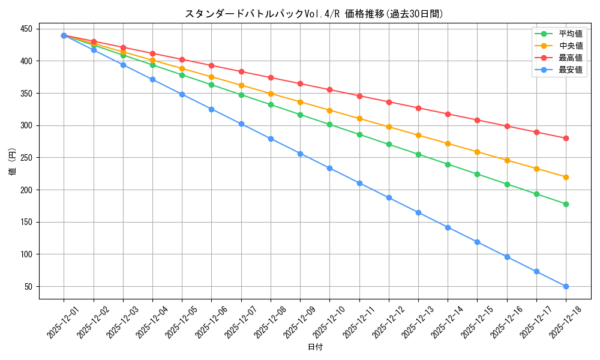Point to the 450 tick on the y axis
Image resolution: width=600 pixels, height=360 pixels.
28,29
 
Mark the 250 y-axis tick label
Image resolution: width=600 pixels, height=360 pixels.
28,158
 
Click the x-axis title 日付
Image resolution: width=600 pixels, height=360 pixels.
315,347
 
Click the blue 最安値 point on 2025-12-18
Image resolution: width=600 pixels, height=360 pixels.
566,286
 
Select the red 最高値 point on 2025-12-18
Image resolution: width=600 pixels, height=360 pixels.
566,138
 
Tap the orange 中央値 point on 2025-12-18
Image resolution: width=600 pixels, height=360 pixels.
566,177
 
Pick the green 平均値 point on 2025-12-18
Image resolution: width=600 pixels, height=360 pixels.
566,204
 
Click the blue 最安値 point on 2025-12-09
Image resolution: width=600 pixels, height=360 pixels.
300,154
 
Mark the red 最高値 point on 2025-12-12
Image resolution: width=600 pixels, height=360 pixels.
389,102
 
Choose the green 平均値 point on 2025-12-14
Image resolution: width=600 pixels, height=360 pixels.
448,164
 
